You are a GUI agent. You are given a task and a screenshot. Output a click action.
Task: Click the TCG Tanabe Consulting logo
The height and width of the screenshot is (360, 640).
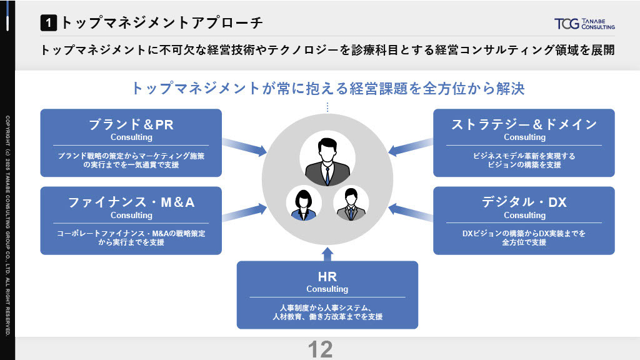pyautogui.click(x=584, y=24)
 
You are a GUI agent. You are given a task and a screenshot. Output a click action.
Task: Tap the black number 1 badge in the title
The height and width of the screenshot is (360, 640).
pyautogui.click(x=49, y=23)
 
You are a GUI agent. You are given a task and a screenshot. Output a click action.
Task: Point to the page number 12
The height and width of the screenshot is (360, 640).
pyautogui.click(x=321, y=349)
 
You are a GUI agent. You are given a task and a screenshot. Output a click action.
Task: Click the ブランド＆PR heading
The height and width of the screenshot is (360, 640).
pyautogui.click(x=131, y=124)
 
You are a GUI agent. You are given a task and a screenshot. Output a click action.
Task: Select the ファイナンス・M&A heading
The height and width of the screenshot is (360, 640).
pyautogui.click(x=131, y=202)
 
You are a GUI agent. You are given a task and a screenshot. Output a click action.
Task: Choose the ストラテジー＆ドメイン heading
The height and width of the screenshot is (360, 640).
pyautogui.click(x=524, y=124)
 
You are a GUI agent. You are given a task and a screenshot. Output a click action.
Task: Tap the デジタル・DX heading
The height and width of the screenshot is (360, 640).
pyautogui.click(x=524, y=202)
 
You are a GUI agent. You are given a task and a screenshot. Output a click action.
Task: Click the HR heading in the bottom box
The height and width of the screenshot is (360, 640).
pyautogui.click(x=327, y=277)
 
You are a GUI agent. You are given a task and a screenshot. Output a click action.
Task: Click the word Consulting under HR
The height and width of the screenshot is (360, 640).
pyautogui.click(x=327, y=289)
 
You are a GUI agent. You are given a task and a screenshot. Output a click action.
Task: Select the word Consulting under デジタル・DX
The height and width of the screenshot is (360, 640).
pyautogui.click(x=524, y=215)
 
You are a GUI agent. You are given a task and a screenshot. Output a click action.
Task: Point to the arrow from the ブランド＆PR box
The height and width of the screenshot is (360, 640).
pyautogui.click(x=244, y=146)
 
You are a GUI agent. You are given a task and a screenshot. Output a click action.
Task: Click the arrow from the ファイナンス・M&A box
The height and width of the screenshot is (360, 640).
pyautogui.click(x=244, y=212)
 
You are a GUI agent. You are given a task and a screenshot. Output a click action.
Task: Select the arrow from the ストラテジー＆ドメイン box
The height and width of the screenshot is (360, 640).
pyautogui.click(x=411, y=146)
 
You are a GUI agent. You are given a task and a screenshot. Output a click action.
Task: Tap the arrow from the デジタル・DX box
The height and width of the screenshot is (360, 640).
pyautogui.click(x=411, y=212)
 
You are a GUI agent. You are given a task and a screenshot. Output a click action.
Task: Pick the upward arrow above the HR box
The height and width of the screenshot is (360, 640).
pyautogui.click(x=327, y=254)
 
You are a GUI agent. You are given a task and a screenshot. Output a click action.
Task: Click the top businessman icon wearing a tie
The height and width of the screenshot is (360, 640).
pyautogui.click(x=327, y=162)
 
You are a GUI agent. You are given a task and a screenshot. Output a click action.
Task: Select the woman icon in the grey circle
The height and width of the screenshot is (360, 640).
pyautogui.click(x=303, y=205)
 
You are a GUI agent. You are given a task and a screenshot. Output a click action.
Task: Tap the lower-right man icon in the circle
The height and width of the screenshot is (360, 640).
pyautogui.click(x=351, y=204)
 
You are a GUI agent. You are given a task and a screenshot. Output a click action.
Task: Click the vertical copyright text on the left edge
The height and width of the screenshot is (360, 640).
pyautogui.click(x=7, y=226)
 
